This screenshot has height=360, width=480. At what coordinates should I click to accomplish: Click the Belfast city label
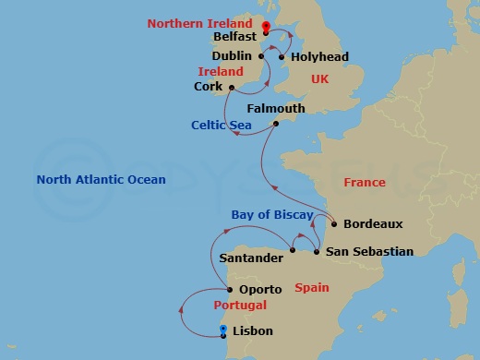234,39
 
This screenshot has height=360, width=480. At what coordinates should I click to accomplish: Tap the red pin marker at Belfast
265,28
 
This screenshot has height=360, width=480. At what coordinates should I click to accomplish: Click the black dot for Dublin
262,56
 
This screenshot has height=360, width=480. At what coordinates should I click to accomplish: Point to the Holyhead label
319,56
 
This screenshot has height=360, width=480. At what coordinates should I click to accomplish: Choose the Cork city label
209,88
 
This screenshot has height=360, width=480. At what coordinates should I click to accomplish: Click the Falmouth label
275,108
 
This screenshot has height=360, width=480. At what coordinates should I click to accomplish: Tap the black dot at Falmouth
275,124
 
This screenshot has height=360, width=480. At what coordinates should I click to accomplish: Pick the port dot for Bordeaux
333,223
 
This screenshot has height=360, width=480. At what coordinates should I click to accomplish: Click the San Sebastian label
369,251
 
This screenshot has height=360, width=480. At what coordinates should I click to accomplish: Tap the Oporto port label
261,290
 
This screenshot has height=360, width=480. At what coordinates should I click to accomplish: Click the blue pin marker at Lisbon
224,330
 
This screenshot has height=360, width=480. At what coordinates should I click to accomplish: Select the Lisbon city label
254,330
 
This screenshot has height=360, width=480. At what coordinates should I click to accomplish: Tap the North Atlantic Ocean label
101,179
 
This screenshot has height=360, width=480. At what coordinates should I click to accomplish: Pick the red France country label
365,183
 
